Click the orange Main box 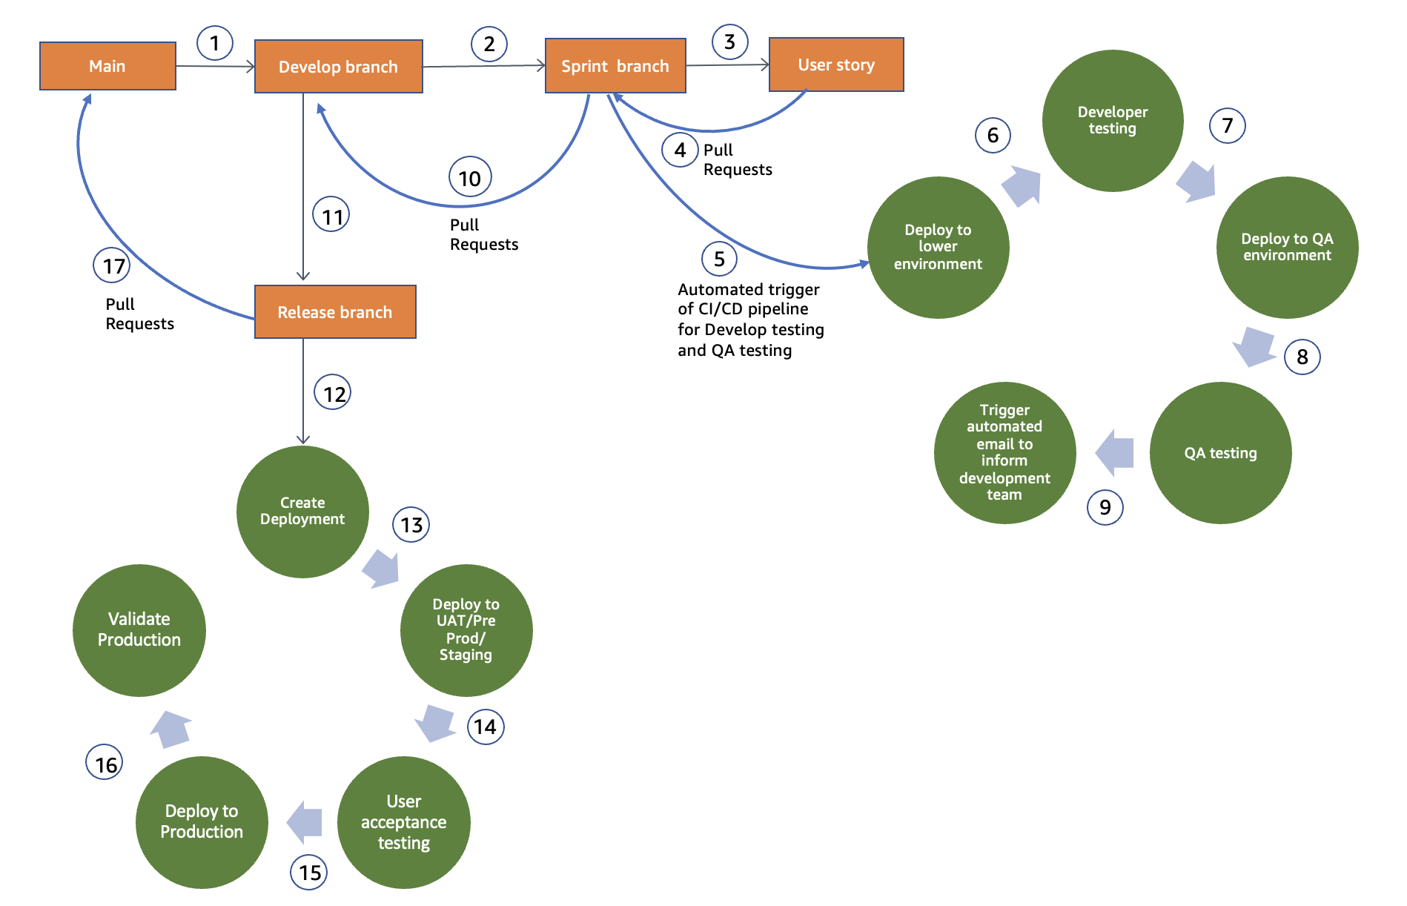(x=107, y=66)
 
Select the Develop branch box (x=338, y=67)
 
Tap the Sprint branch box (x=615, y=66)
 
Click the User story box (x=836, y=65)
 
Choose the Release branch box (x=335, y=312)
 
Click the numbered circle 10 (x=470, y=178)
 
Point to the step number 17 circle (x=112, y=265)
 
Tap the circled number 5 (x=719, y=259)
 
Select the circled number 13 (x=411, y=525)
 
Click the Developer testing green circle (x=1112, y=120)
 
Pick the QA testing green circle (x=1220, y=453)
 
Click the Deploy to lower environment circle (x=938, y=247)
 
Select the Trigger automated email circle (x=1004, y=452)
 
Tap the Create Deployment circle (x=302, y=512)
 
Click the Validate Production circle (x=139, y=630)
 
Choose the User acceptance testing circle (x=403, y=822)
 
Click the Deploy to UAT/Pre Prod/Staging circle (x=466, y=630)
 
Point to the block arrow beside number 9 (x=1115, y=452)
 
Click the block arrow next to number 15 (x=305, y=821)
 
